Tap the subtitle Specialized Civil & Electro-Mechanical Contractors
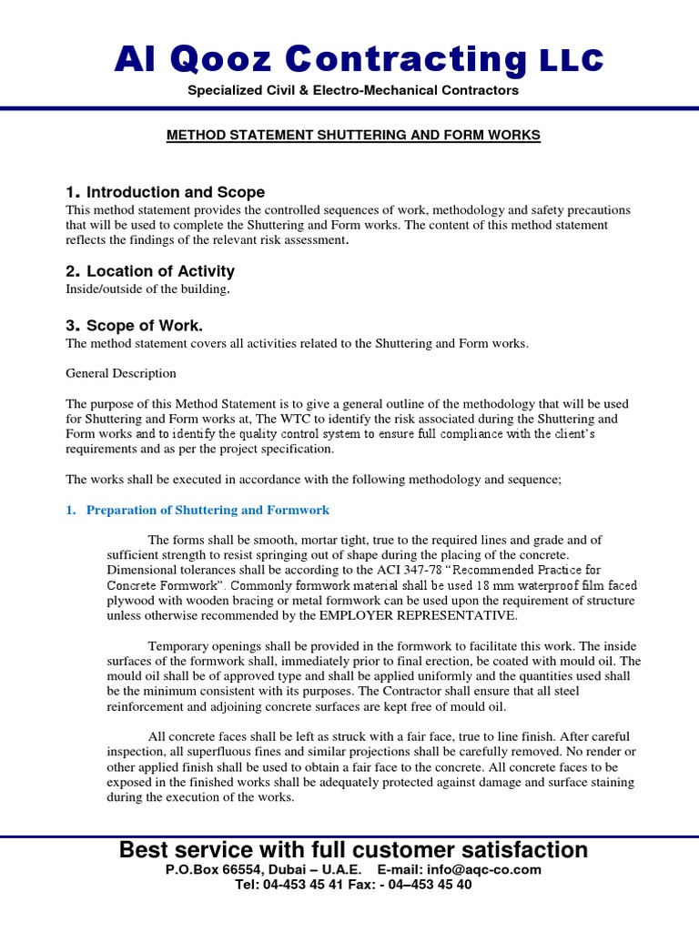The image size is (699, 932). coord(353,90)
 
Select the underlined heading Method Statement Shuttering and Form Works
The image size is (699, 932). coord(353,135)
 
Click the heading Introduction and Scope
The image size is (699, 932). coord(165,192)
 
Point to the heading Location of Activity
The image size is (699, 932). coord(150,271)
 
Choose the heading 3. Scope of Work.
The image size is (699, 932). coord(135,326)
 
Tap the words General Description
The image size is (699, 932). coord(121,373)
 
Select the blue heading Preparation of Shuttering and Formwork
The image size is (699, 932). coord(208,510)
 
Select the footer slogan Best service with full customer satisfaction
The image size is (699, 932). coord(353,850)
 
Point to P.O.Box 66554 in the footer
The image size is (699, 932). coord(218,870)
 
